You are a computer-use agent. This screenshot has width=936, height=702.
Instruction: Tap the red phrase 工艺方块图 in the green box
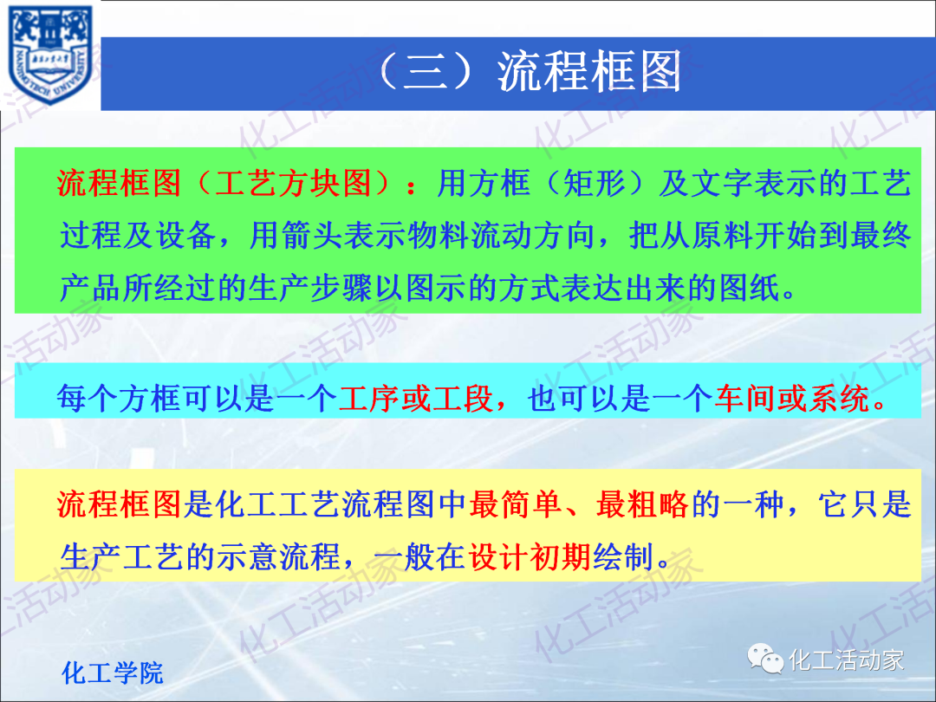(x=295, y=183)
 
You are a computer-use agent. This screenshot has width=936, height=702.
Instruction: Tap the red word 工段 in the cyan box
(x=465, y=398)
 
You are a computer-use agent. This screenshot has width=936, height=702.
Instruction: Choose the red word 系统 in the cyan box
(x=839, y=398)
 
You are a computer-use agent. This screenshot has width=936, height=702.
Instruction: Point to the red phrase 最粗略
(x=642, y=504)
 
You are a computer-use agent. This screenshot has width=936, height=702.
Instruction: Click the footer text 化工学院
(x=113, y=673)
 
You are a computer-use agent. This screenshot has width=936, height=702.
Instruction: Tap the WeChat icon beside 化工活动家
(x=766, y=660)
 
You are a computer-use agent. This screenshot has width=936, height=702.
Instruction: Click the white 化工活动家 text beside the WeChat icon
(x=846, y=660)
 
